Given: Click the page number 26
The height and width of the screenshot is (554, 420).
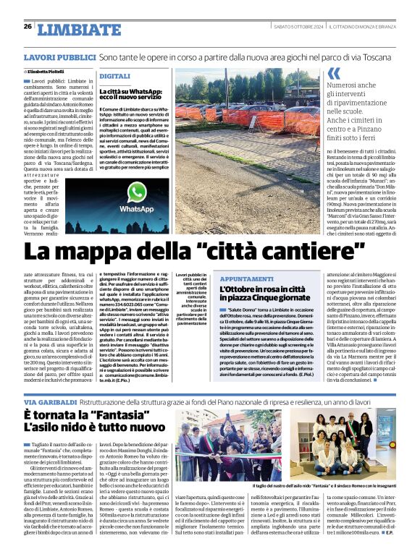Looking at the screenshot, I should coord(28,26).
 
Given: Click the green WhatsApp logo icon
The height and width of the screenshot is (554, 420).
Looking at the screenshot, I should coord(137,191).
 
